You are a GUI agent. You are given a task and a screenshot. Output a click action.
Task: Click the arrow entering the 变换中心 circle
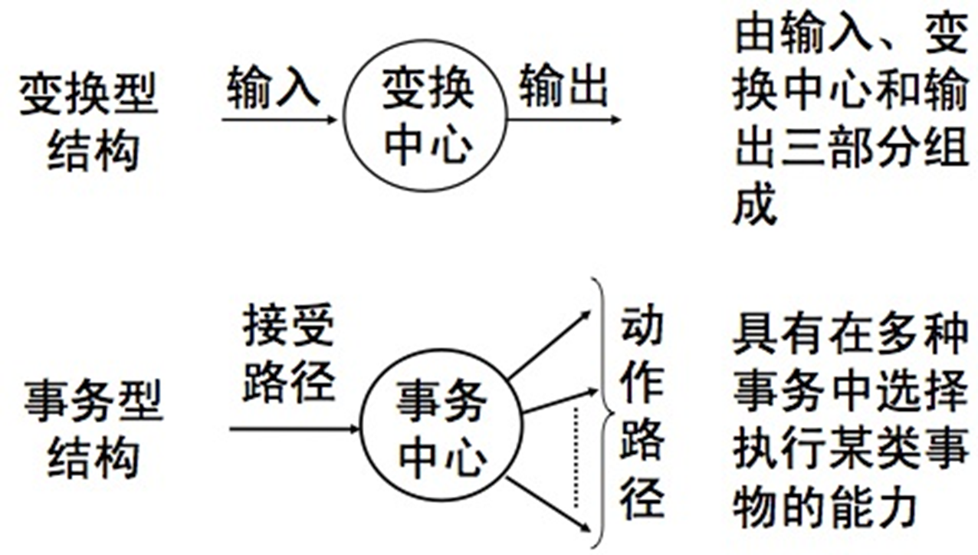pos(279,120)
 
